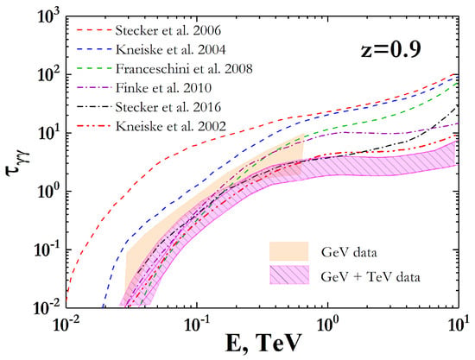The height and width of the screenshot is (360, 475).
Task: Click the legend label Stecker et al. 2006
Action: click(168, 30)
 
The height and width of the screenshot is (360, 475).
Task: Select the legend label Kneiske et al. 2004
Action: click(171, 50)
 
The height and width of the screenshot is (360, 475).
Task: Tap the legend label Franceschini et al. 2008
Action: click(184, 69)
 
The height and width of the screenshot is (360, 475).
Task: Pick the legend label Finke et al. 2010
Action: click(163, 88)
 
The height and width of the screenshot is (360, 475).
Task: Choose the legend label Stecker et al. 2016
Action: click(168, 107)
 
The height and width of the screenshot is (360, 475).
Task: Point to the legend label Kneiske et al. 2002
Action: click(171, 126)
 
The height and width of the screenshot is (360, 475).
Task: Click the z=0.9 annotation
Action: click(390, 50)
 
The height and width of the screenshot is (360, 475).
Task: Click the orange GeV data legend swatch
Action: click(289, 251)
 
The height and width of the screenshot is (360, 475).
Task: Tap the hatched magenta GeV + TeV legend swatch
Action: click(289, 275)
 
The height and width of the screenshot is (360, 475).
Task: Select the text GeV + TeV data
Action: click(370, 277)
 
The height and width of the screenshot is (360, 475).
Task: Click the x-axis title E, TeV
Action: click(263, 344)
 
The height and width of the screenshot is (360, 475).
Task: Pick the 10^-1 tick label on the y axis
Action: click(48, 249)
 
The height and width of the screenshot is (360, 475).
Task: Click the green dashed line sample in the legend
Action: click(93, 69)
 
